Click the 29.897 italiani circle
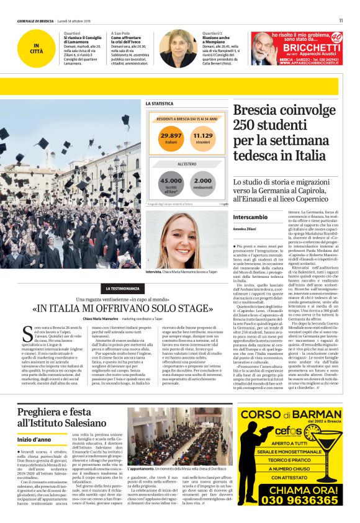click(x=172, y=138)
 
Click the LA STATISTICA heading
click(x=160, y=104)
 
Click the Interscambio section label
click(x=250, y=218)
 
